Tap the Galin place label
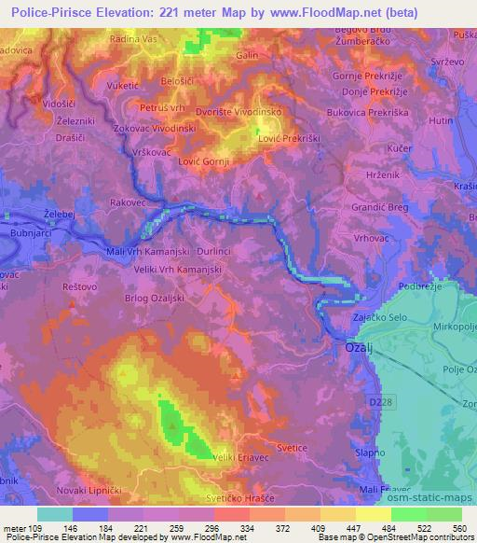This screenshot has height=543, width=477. tap(247, 55)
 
